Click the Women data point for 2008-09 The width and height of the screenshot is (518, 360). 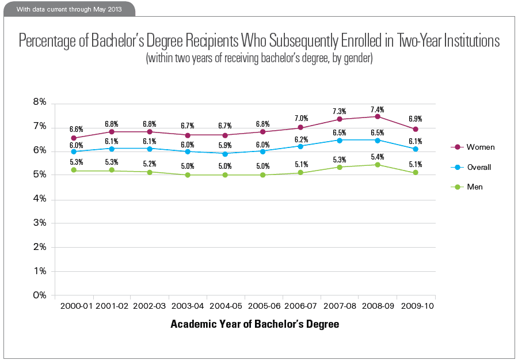point(378,116)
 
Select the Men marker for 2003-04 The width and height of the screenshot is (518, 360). point(188,175)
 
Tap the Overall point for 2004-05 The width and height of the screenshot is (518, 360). point(226,154)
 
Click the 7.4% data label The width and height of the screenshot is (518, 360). point(378,109)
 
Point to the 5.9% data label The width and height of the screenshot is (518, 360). point(226,146)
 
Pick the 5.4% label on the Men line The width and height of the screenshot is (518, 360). point(378,157)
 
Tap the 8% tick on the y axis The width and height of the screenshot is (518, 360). point(40,103)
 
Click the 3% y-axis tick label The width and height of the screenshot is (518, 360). point(40,223)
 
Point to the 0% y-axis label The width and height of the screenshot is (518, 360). point(40,295)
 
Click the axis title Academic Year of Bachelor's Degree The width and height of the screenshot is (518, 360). point(254,324)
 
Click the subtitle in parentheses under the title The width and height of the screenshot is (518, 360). point(260,59)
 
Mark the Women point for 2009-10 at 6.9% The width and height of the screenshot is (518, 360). point(416,129)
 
